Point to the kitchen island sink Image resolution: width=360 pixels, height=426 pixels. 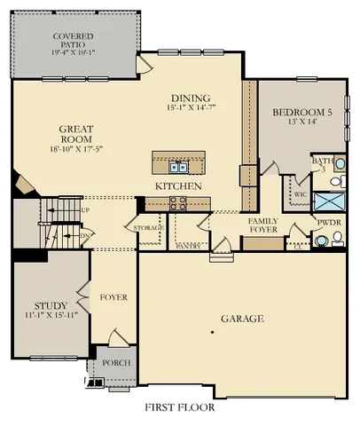click(x=178, y=166)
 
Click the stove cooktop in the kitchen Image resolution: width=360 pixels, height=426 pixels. click(x=178, y=201)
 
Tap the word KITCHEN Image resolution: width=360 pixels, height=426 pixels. click(x=178, y=186)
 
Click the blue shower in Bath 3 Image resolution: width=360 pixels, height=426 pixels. click(x=327, y=201)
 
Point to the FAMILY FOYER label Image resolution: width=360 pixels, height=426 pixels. click(x=263, y=225)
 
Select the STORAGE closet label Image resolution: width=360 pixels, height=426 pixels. click(x=149, y=228)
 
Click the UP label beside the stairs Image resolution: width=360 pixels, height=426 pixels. click(x=85, y=210)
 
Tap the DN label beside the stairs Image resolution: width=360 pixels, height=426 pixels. click(x=85, y=236)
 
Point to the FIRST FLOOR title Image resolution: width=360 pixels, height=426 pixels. click(x=179, y=408)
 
